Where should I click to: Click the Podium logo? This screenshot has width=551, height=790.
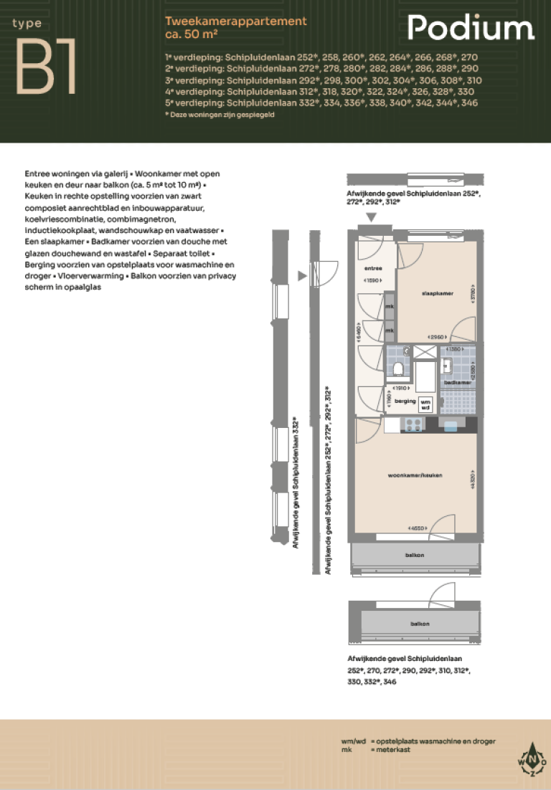tap(471, 29)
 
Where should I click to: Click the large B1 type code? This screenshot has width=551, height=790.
tap(46, 67)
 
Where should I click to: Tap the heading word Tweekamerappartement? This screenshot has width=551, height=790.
tap(235, 22)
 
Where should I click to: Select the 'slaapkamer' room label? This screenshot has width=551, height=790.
tap(435, 293)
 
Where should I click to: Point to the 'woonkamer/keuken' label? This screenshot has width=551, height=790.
tap(414, 475)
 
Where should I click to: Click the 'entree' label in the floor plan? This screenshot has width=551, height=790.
tap(373, 268)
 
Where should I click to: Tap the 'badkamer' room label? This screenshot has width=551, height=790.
tap(457, 383)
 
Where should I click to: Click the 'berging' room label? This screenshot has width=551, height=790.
tap(405, 401)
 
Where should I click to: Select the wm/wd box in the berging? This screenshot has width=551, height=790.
tap(426, 404)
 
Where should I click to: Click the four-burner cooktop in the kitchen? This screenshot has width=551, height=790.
tap(415, 425)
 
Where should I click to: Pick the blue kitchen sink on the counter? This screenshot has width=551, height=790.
tap(451, 426)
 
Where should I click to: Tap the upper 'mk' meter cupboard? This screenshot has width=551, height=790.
tap(389, 307)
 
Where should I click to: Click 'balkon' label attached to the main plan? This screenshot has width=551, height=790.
tap(414, 556)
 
